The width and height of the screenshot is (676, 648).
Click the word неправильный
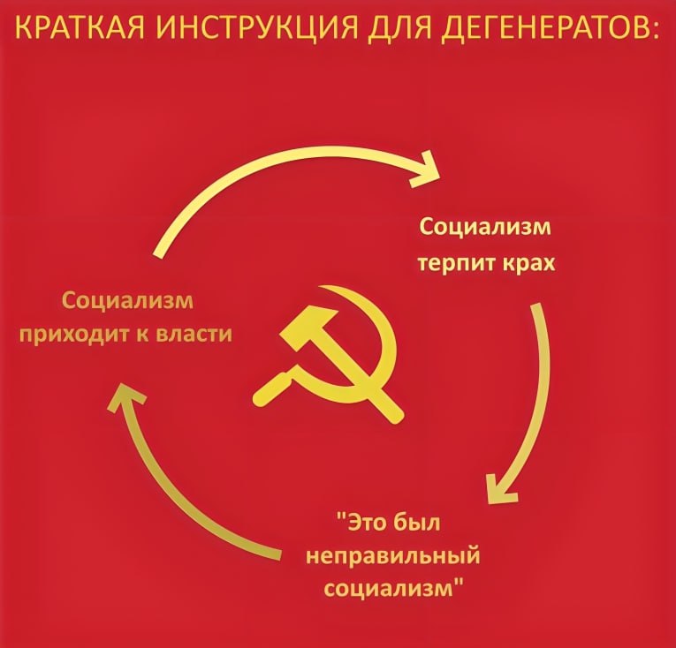pyautogui.click(x=392, y=556)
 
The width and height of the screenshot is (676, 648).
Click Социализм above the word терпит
pyautogui.click(x=485, y=228)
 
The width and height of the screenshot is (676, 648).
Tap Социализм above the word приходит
pyautogui.click(x=127, y=301)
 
